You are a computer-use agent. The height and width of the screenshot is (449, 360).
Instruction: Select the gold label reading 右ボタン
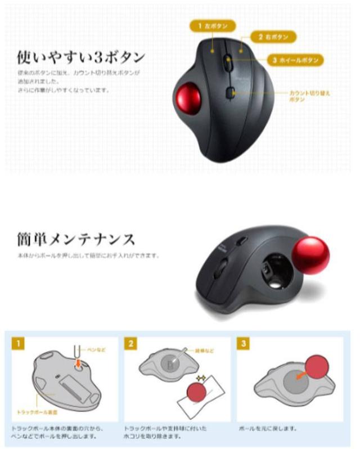tap(274, 37)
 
